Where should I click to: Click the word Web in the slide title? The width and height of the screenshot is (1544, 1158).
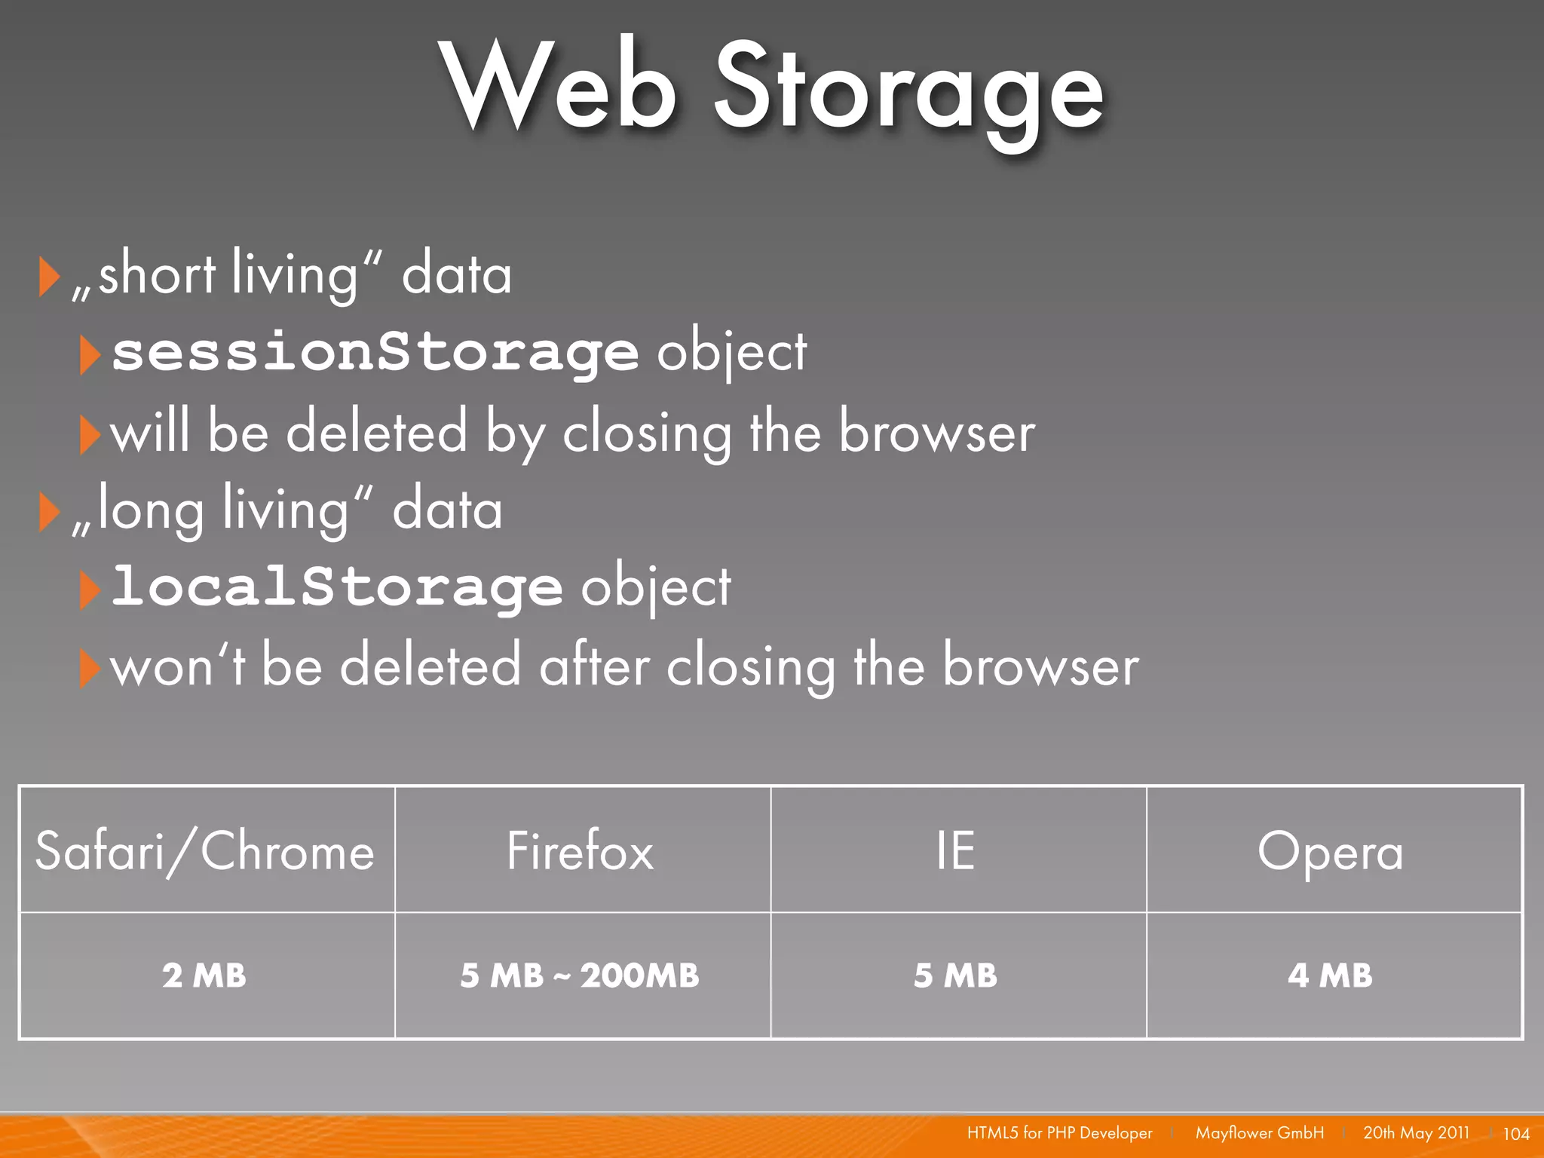click(x=559, y=87)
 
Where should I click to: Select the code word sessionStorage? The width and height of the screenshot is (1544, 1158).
click(x=375, y=353)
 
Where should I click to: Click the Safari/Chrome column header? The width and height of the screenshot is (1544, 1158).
click(x=205, y=851)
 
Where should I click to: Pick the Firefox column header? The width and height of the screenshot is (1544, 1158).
click(x=581, y=851)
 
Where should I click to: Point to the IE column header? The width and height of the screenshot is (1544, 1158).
click(x=955, y=851)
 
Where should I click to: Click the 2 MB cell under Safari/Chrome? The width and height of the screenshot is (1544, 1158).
click(x=204, y=976)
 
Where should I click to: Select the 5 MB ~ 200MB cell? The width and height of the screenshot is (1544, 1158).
click(x=581, y=976)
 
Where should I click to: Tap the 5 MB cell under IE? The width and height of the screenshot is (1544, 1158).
click(x=955, y=976)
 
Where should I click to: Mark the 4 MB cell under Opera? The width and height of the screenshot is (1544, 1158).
click(x=1331, y=976)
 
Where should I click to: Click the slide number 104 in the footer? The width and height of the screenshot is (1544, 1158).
click(x=1516, y=1134)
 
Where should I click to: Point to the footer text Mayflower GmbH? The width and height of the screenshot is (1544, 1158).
click(x=1260, y=1133)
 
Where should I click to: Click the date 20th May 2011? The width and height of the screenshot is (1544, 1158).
click(x=1416, y=1133)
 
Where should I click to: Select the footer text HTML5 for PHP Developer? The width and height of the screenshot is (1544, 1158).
click(x=1059, y=1133)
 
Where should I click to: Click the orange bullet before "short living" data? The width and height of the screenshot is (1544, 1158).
click(x=48, y=277)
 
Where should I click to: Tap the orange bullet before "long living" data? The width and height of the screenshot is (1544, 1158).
click(x=48, y=512)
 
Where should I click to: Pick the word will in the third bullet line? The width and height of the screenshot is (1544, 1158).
click(x=149, y=431)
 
